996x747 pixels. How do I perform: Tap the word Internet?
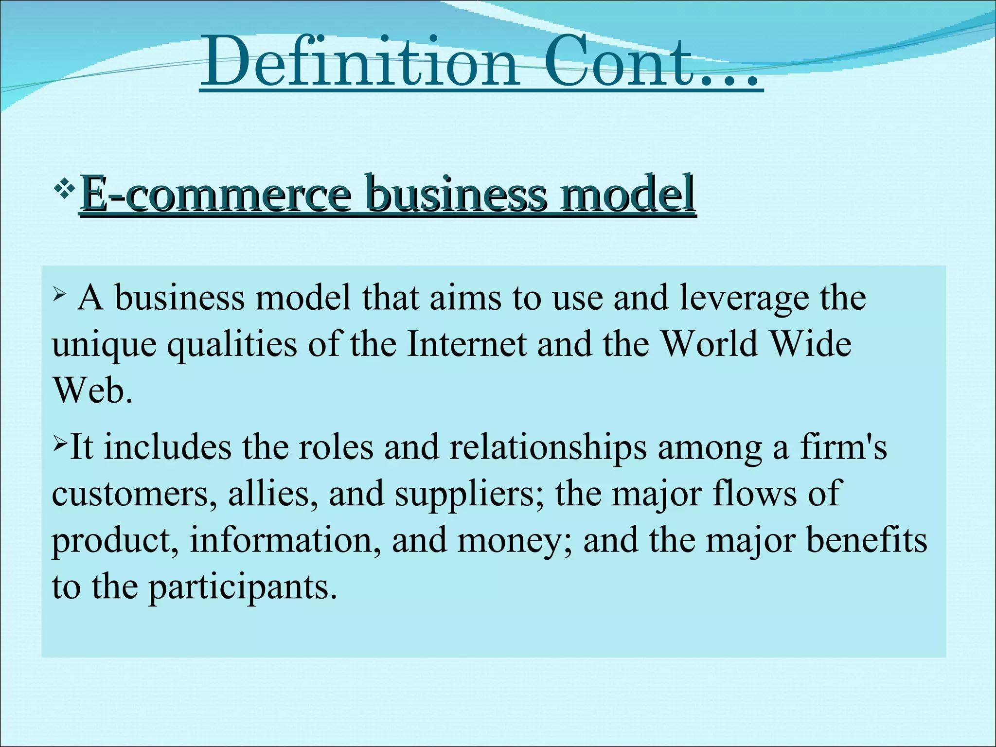(x=466, y=344)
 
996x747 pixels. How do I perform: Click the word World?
(x=710, y=344)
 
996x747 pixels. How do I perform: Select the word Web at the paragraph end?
(x=92, y=391)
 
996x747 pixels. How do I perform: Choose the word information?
(x=285, y=540)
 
